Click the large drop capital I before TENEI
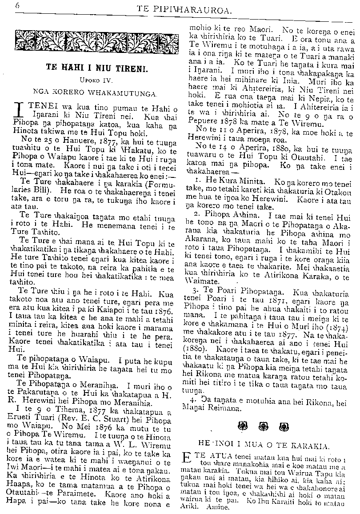pyautogui.click(x=19, y=110)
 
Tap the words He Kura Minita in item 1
pyautogui.click(x=234, y=182)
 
